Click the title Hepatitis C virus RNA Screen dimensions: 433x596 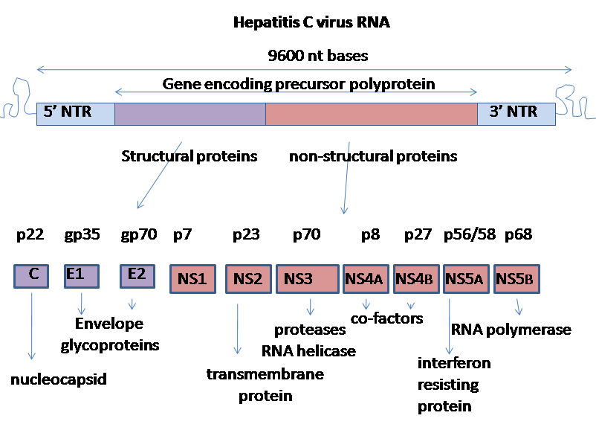pos(311,22)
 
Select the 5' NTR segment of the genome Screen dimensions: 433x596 pos(75,113)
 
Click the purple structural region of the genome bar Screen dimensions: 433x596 pos(190,113)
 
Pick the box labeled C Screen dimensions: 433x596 pos(33,276)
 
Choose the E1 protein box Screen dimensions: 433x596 pos(81,276)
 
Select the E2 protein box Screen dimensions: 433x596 pos(137,276)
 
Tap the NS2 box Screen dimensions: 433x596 pos(248,280)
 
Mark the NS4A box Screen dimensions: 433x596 pos(366,280)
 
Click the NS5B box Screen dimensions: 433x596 pos(517,280)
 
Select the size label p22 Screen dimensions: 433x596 pos(32,235)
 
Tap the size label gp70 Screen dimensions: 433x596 pos(138,235)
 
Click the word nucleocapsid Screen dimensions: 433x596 pos(59,379)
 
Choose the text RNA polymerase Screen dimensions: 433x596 pos(511,329)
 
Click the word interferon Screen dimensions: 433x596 pos(454,363)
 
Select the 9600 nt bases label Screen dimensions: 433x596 pos(317,56)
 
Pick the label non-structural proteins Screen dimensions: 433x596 pos(373,156)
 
